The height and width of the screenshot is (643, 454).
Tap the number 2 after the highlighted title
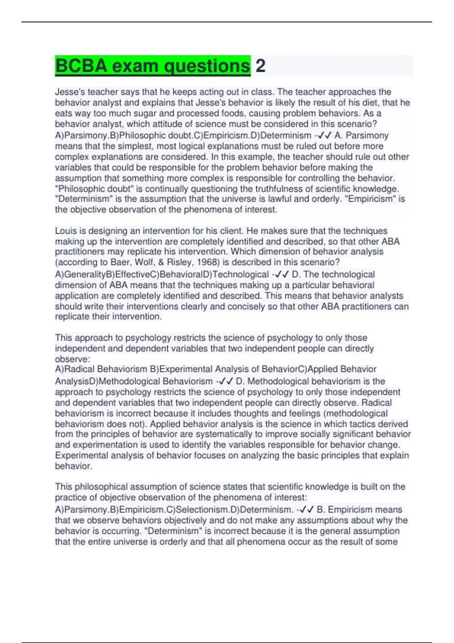point(260,66)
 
